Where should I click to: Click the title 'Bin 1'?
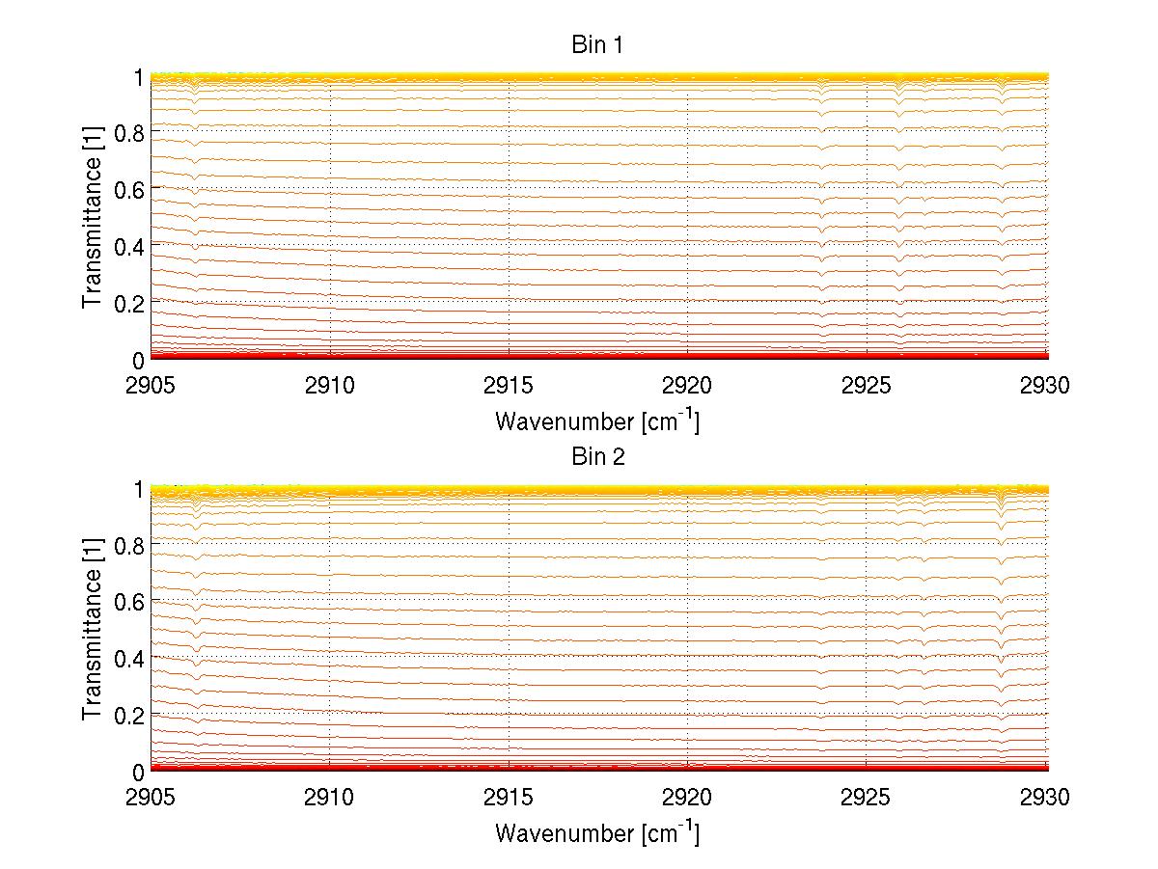[x=598, y=45]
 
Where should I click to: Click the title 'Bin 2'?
[x=598, y=457]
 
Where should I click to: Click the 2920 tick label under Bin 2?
[x=687, y=799]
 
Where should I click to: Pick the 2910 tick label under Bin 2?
[x=330, y=799]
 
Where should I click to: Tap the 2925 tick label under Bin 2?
[x=867, y=799]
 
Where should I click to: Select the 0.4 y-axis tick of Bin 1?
[x=129, y=247]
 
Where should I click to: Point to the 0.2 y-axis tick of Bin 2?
[x=129, y=716]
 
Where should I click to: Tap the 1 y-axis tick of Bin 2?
[x=138, y=489]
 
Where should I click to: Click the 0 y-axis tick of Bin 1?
[x=138, y=361]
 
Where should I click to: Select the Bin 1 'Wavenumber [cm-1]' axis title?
[x=597, y=421]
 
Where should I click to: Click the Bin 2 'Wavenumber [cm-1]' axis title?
[x=597, y=832]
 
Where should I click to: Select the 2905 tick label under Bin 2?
[x=152, y=799]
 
